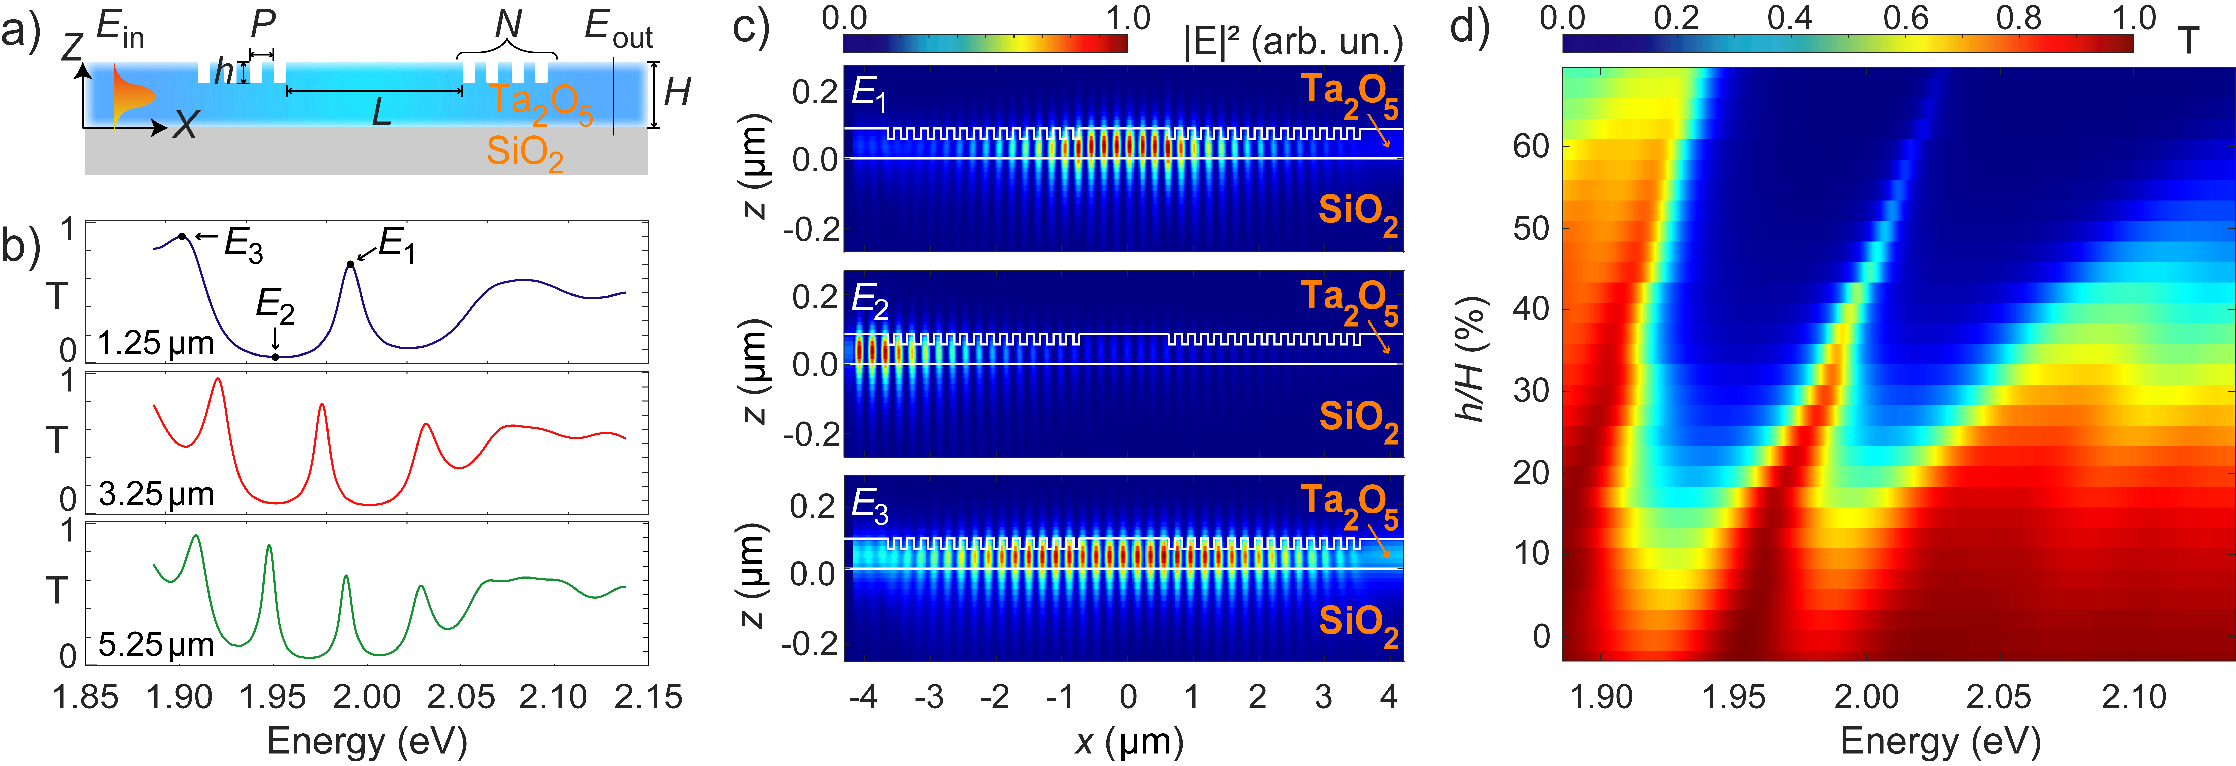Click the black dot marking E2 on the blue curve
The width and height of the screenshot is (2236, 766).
point(275,356)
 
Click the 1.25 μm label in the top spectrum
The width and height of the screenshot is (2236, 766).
point(156,344)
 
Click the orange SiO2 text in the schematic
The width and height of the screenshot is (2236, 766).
point(524,153)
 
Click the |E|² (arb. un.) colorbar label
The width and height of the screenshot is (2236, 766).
point(1293,41)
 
